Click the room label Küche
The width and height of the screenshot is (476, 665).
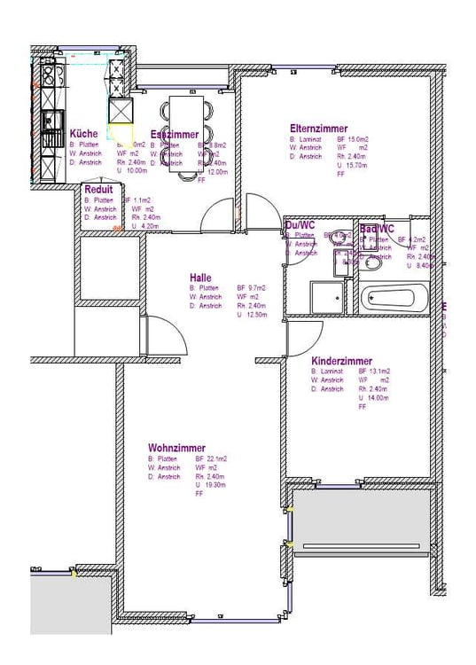(84, 134)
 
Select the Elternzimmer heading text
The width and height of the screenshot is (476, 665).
(318, 129)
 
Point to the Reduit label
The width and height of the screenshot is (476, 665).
(98, 190)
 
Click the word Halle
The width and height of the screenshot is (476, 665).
(200, 278)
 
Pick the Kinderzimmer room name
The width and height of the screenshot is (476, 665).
(341, 362)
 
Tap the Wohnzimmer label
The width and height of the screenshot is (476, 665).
(177, 449)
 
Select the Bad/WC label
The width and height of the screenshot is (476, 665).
(376, 229)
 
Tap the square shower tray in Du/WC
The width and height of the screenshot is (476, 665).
(325, 298)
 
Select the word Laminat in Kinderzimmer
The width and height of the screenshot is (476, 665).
(332, 372)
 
